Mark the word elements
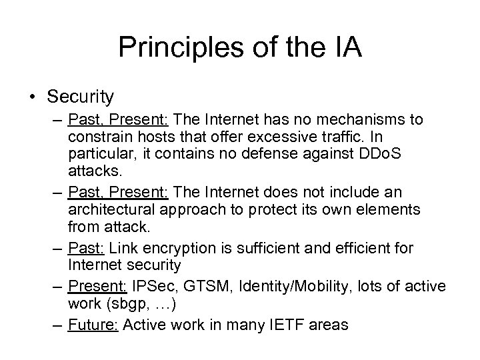coord(387,209)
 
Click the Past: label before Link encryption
coord(87,249)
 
